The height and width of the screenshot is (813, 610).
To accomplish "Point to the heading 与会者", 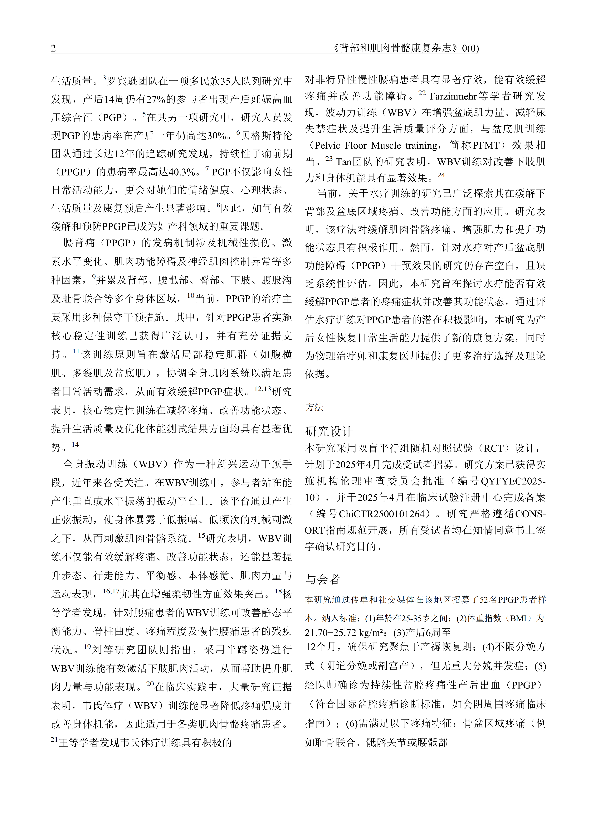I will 322,579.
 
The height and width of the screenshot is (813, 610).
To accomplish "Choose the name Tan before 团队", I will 344,162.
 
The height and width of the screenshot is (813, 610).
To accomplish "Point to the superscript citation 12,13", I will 262,389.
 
